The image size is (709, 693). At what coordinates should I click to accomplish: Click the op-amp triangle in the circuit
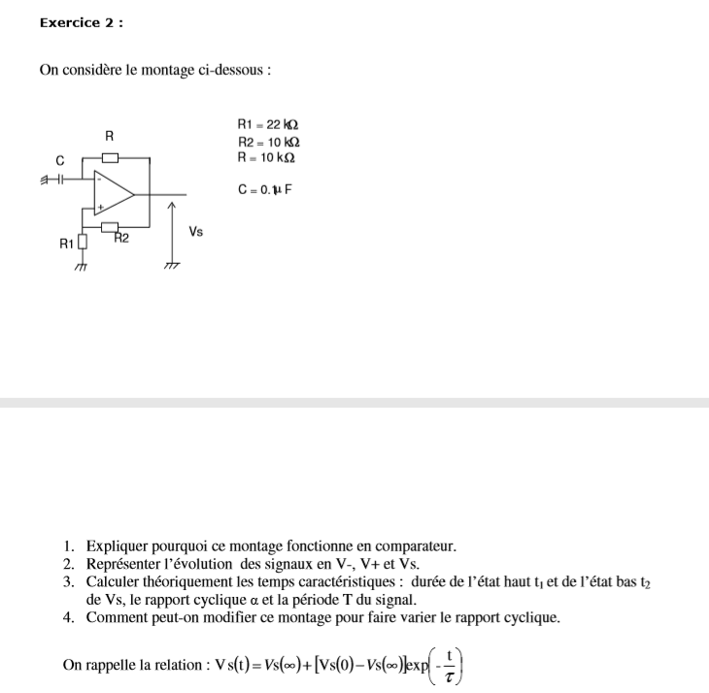pyautogui.click(x=113, y=193)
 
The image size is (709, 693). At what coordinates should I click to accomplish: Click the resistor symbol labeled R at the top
pyautogui.click(x=110, y=156)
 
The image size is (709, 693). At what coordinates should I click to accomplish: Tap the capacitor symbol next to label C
pyautogui.click(x=59, y=179)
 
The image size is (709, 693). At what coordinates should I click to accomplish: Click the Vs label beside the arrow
pyautogui.click(x=196, y=232)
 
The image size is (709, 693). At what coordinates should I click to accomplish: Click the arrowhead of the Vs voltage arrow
pyautogui.click(x=172, y=206)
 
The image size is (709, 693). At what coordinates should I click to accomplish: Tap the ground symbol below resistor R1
pyautogui.click(x=83, y=265)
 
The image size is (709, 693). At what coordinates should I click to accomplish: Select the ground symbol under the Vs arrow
pyautogui.click(x=172, y=264)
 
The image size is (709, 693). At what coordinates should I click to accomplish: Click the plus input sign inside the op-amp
pyautogui.click(x=99, y=207)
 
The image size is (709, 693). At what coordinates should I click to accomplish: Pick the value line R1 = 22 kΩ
pyautogui.click(x=267, y=125)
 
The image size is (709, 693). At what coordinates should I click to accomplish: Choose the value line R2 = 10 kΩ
pyautogui.click(x=267, y=142)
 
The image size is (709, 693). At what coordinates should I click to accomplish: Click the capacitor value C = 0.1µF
pyautogui.click(x=264, y=189)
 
